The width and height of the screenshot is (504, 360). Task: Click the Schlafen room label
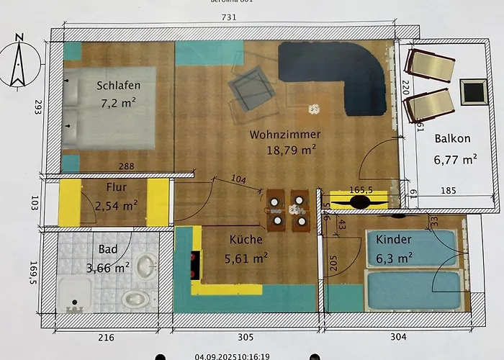click(118, 86)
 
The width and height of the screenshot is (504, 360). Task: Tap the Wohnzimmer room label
click(285, 135)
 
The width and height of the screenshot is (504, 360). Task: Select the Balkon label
click(452, 139)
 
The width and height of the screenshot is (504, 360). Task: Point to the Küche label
click(246, 240)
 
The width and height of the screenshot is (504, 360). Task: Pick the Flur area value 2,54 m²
click(116, 205)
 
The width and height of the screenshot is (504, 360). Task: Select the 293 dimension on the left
click(38, 108)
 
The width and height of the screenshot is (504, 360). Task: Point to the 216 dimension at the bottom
click(106, 336)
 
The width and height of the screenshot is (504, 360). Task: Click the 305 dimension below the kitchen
click(246, 336)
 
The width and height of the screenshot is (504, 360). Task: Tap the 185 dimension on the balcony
click(448, 191)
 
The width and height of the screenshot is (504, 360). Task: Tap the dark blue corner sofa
click(338, 72)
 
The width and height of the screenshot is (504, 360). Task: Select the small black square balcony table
click(473, 91)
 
